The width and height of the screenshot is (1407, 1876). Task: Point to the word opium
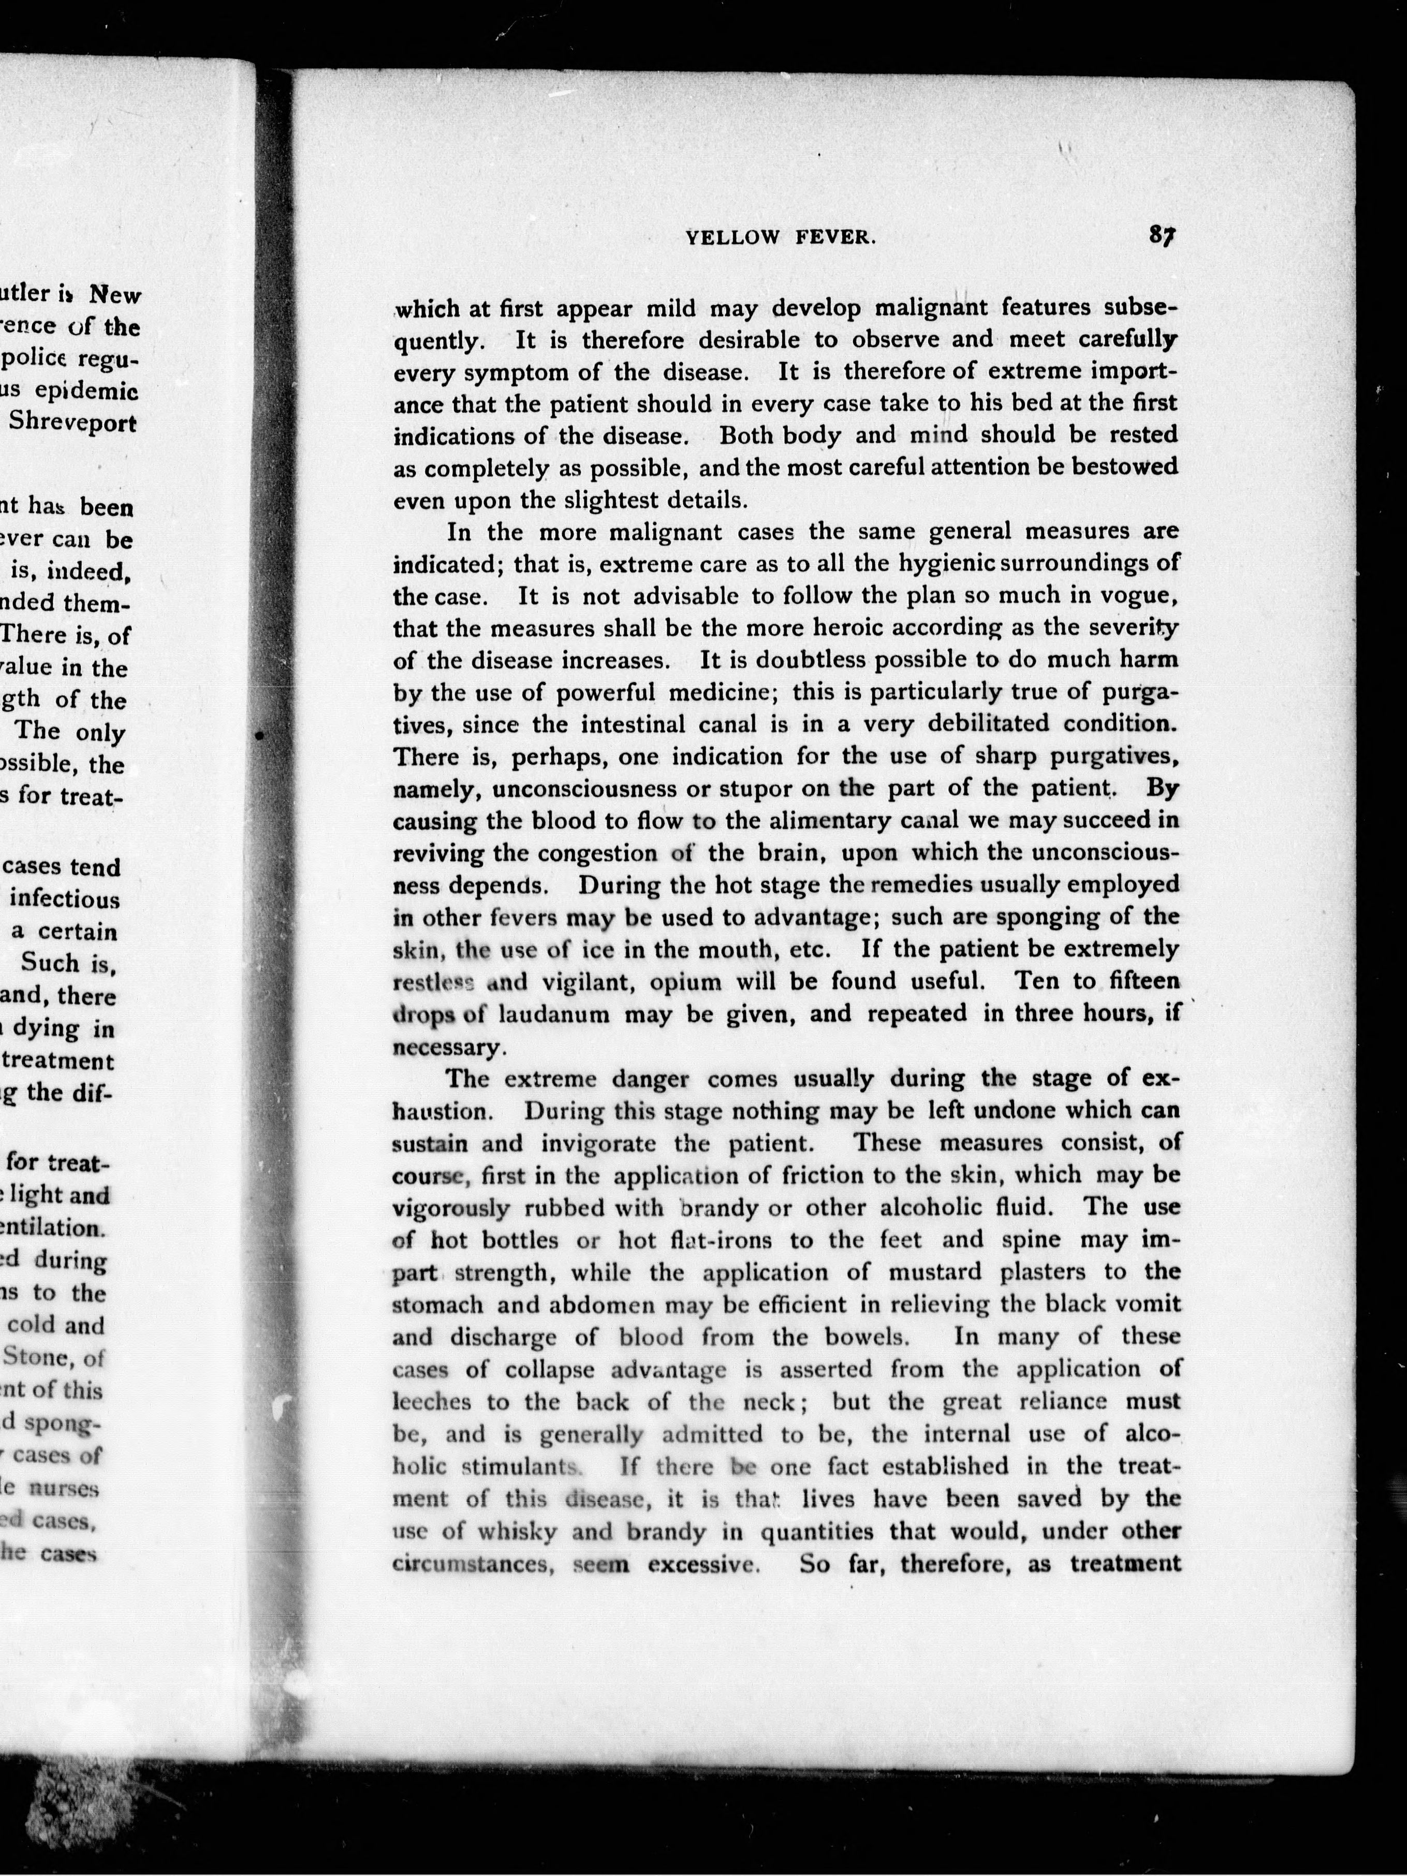[686, 982]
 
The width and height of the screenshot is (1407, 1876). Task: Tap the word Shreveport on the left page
[73, 423]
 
